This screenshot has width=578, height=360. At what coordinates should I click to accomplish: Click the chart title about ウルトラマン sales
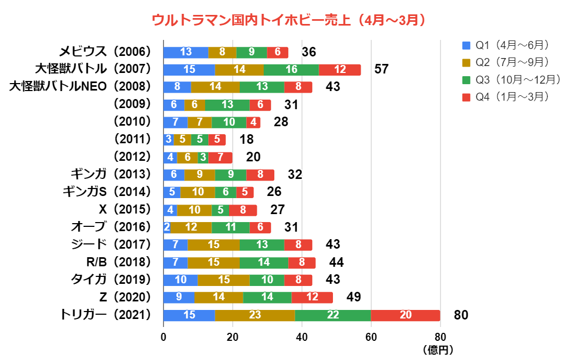(x=289, y=20)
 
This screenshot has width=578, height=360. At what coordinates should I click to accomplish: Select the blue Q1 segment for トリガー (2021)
(x=189, y=315)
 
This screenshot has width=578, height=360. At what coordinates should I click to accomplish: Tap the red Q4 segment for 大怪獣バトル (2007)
(x=339, y=69)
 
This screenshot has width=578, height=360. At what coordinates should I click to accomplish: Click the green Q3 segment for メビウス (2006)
(x=251, y=52)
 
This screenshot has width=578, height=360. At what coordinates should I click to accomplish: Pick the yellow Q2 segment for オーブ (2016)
(x=191, y=227)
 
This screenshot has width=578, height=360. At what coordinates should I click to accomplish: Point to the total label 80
(x=461, y=315)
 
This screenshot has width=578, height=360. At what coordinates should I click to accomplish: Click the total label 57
(x=381, y=69)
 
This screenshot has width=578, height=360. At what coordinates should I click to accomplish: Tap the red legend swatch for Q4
(x=467, y=96)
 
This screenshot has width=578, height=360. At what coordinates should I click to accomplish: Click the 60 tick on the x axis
(x=371, y=337)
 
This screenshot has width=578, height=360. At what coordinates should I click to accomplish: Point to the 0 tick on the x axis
(x=164, y=337)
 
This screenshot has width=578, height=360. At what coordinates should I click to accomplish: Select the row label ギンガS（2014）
(x=107, y=192)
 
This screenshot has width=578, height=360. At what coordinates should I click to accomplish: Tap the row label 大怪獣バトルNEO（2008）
(x=80, y=87)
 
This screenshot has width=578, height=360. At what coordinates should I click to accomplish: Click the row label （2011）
(x=133, y=140)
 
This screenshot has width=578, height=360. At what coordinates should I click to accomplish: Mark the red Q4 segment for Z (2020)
(x=312, y=297)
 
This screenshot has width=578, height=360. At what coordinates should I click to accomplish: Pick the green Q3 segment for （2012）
(x=203, y=157)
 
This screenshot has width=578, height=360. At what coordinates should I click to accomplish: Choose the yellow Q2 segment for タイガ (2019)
(x=223, y=280)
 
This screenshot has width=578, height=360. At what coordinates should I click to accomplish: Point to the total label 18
(x=247, y=140)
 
